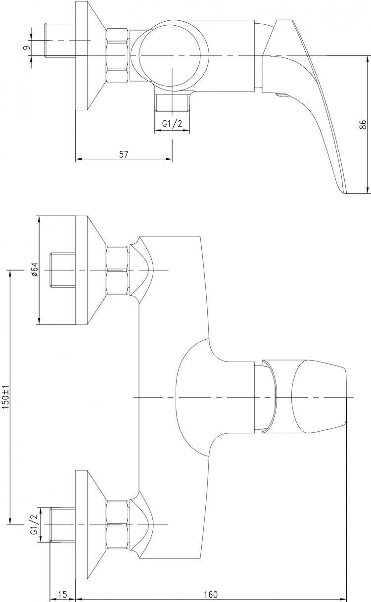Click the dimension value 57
[x=123, y=154]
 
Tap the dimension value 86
[x=363, y=125]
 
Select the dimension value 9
[x=26, y=48]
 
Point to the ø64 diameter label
[x=35, y=269]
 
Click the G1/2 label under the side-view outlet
[x=172, y=123]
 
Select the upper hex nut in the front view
[x=117, y=270]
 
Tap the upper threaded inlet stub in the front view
[x=63, y=270]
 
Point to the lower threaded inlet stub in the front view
[x=63, y=525]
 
